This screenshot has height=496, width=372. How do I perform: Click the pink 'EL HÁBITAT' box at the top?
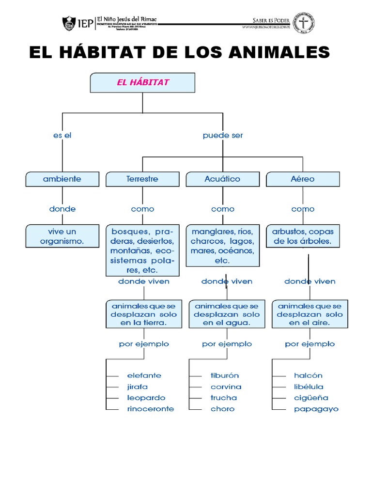[142, 82]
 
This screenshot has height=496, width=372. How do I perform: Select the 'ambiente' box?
[62, 179]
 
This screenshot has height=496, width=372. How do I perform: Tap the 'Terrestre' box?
[142, 179]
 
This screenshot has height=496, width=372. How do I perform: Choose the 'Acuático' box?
[222, 179]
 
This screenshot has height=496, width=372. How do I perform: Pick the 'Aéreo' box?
[303, 179]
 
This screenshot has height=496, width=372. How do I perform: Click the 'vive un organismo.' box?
[62, 236]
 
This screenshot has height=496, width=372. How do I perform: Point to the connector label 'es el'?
[62, 136]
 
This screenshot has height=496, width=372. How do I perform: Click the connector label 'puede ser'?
[222, 136]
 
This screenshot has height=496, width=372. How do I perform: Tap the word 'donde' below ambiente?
[62, 209]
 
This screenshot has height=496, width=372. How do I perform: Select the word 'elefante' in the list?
[144, 375]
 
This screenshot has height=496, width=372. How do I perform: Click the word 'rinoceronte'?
[150, 409]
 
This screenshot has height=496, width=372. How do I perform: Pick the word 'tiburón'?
[224, 375]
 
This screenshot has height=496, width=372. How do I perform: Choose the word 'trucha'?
[224, 398]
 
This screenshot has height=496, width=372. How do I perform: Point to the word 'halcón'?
[308, 375]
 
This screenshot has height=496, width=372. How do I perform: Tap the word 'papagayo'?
[316, 409]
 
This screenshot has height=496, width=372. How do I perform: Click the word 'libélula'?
[309, 387]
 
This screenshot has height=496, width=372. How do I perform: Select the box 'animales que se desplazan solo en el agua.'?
[226, 314]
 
